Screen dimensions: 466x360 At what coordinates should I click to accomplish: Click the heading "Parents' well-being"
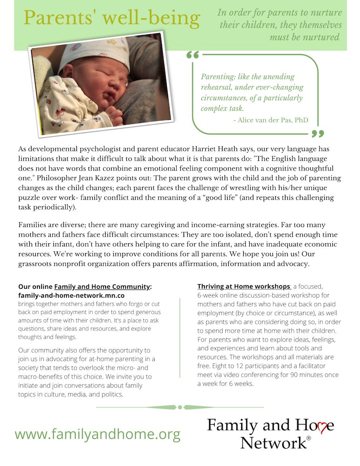click(x=112, y=18)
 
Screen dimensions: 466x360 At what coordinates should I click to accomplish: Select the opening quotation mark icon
click(x=192, y=55)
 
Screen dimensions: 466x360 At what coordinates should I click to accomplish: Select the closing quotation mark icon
click(x=317, y=134)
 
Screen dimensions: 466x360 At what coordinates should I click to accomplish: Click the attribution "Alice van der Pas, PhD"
click(x=270, y=120)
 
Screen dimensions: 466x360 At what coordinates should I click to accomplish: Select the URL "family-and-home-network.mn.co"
click(x=71, y=295)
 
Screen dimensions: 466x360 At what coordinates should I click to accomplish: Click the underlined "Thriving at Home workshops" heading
click(x=244, y=286)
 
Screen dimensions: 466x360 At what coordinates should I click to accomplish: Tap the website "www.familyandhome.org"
click(x=97, y=434)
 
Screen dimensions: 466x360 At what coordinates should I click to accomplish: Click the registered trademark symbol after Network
click(x=308, y=438)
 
